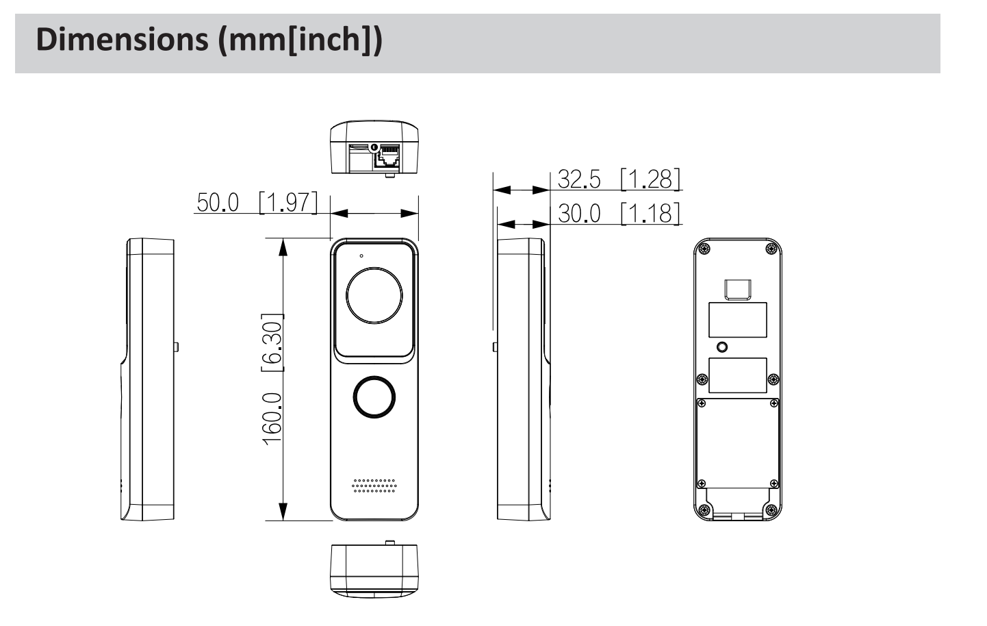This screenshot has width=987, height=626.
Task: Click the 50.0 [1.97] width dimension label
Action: click(257, 203)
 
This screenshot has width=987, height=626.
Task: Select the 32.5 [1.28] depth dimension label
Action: click(619, 179)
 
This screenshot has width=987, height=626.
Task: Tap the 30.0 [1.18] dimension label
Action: click(619, 213)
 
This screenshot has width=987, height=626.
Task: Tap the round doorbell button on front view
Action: click(374, 396)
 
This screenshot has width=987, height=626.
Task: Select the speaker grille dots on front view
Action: click(374, 485)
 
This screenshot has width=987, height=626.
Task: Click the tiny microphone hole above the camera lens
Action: click(361, 255)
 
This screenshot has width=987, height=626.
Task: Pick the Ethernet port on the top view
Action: click(388, 157)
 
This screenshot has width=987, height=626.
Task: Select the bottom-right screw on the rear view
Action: click(771, 510)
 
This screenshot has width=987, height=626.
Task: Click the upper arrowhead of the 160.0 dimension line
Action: click(282, 246)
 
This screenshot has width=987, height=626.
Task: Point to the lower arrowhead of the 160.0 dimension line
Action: click(282, 512)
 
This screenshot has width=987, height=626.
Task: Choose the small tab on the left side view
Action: click(176, 346)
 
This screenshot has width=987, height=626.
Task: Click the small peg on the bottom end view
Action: click(389, 542)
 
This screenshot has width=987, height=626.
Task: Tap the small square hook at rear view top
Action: click(738, 290)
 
